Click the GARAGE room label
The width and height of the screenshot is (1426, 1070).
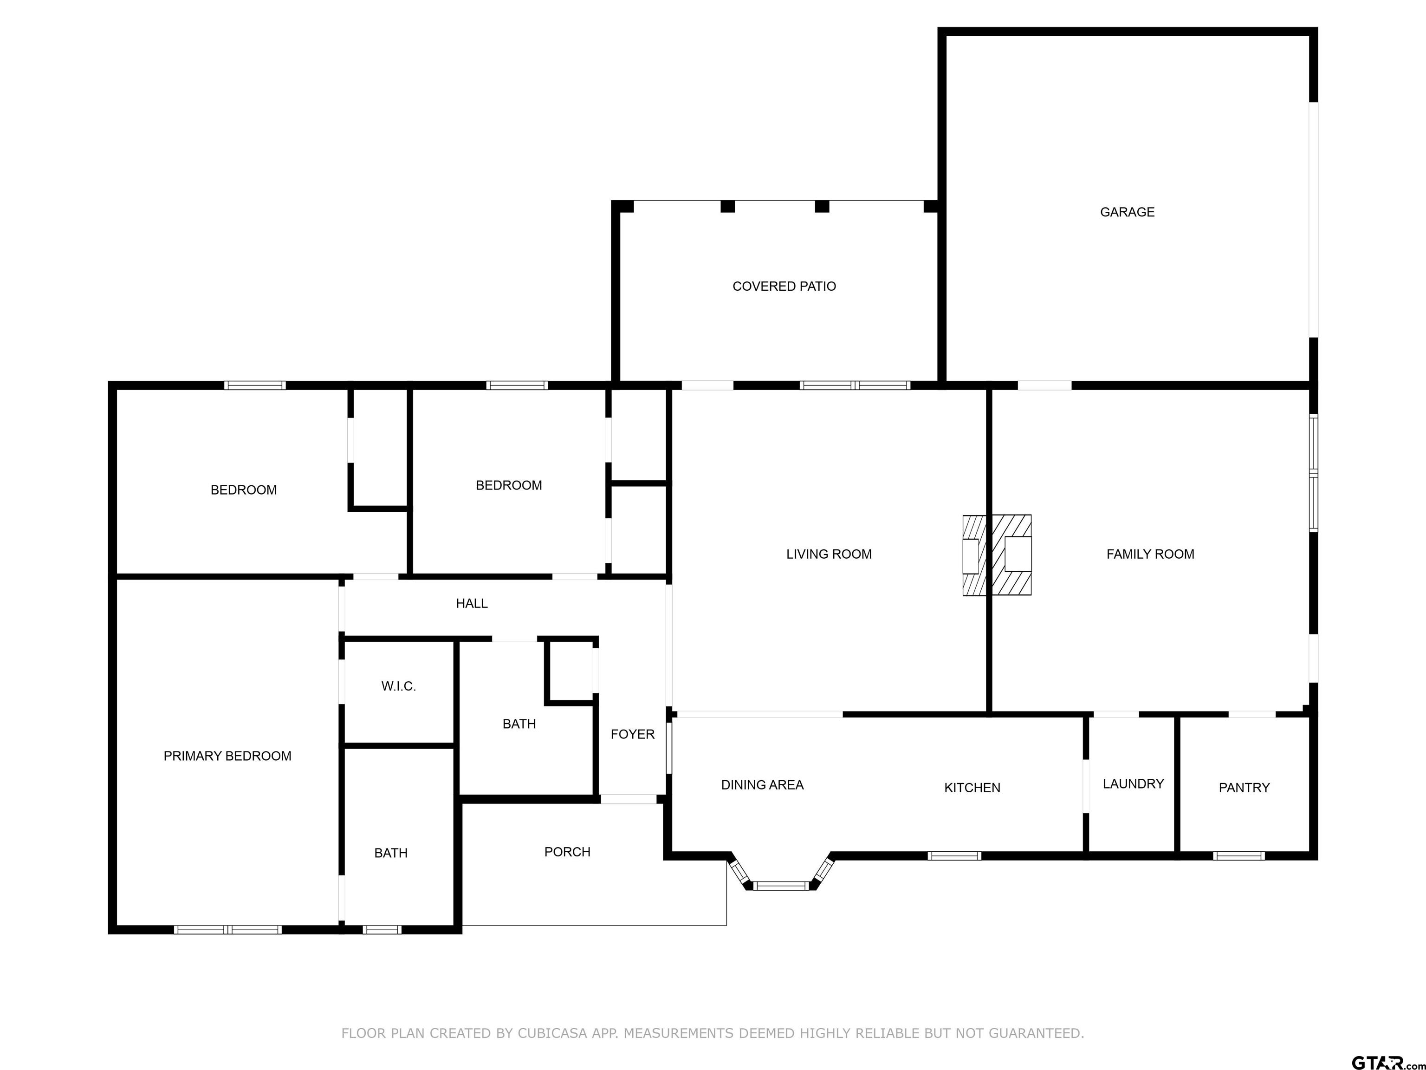1127,212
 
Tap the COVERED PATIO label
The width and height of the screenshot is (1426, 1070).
784,287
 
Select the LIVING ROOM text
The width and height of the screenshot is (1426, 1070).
829,554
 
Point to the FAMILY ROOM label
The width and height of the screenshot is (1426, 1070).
1150,554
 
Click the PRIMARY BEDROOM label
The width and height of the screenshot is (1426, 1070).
227,756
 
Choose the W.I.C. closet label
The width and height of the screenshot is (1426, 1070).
398,686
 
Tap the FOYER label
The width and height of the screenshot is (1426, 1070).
632,734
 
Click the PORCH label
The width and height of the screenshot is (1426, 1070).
567,852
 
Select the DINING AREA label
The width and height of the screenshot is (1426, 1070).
762,785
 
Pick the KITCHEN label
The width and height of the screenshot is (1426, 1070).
972,788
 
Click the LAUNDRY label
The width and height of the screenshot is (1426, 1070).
1133,783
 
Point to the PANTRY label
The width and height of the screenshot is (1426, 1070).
1244,788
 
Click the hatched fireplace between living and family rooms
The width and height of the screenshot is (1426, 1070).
997,555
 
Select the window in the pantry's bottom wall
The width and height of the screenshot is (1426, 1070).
1238,856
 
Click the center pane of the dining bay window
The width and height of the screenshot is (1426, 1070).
781,886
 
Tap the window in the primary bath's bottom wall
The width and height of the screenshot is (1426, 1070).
382,929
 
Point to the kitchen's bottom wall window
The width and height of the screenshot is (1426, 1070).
954,856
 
